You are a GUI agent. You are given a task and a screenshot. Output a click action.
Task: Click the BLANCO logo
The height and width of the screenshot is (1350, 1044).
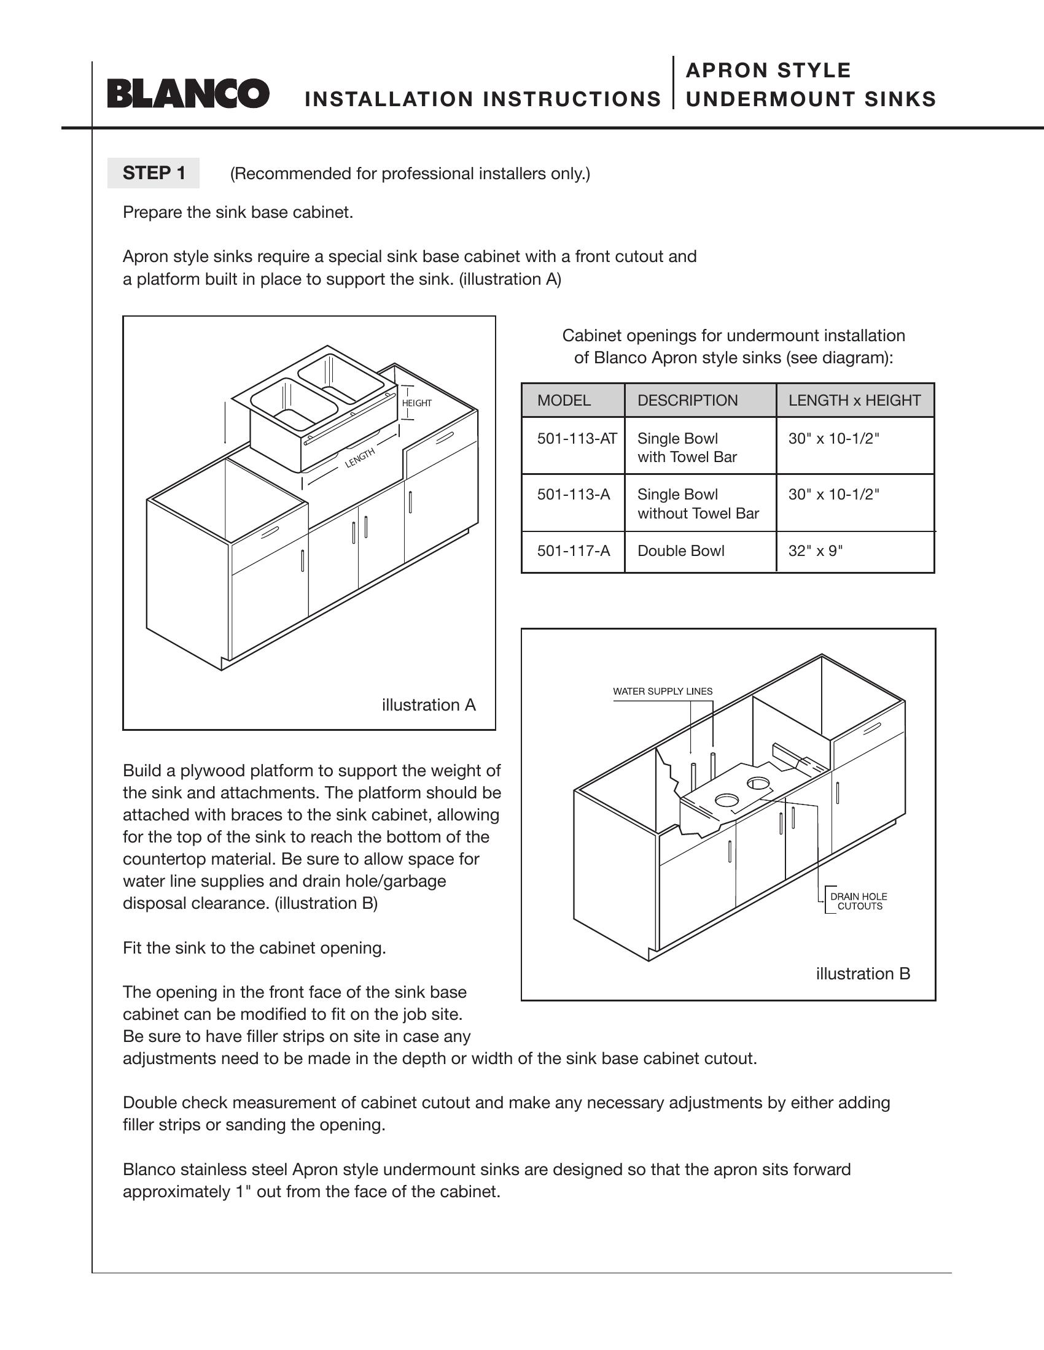point(188,93)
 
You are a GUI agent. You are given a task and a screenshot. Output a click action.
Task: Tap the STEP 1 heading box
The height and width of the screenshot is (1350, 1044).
point(154,173)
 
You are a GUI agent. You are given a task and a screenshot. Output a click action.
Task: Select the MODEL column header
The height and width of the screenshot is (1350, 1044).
point(573,400)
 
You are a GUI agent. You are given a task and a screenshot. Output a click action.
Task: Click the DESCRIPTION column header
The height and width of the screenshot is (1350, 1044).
point(700,400)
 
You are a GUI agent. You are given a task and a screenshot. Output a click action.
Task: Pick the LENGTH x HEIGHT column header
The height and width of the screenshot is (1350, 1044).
point(855,400)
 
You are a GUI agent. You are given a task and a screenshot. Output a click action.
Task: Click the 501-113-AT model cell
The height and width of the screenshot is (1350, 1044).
point(573,445)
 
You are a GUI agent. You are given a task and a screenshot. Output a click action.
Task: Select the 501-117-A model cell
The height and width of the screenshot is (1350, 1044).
point(573,552)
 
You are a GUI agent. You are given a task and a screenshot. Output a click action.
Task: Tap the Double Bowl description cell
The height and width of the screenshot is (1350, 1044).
point(700,552)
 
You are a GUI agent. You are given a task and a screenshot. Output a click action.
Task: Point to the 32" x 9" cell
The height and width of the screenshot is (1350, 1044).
point(855,552)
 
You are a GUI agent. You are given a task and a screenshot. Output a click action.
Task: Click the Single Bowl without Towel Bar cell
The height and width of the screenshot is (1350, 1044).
point(700,503)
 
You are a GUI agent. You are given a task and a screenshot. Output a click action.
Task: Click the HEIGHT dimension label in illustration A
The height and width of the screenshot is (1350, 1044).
point(417,403)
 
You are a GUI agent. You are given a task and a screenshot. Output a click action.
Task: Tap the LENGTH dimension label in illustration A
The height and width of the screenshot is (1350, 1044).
point(360,458)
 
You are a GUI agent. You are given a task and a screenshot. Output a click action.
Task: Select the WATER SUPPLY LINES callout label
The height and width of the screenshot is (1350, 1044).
point(663,691)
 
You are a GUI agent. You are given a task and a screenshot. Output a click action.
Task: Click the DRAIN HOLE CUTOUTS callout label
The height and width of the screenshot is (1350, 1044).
point(859,901)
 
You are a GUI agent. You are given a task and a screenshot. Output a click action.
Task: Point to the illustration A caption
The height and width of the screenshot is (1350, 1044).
point(429,705)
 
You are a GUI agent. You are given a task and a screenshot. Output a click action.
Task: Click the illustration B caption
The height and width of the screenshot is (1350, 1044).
point(863,974)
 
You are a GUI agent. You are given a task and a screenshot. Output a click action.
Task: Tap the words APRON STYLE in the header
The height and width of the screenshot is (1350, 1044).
point(769,71)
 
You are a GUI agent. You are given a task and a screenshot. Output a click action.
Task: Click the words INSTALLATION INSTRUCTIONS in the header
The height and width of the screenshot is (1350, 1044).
point(483,99)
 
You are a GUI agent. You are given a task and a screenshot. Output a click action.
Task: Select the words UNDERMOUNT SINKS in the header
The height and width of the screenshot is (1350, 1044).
point(811,99)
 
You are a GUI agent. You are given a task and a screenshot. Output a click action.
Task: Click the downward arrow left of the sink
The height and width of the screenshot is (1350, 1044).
point(225,423)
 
